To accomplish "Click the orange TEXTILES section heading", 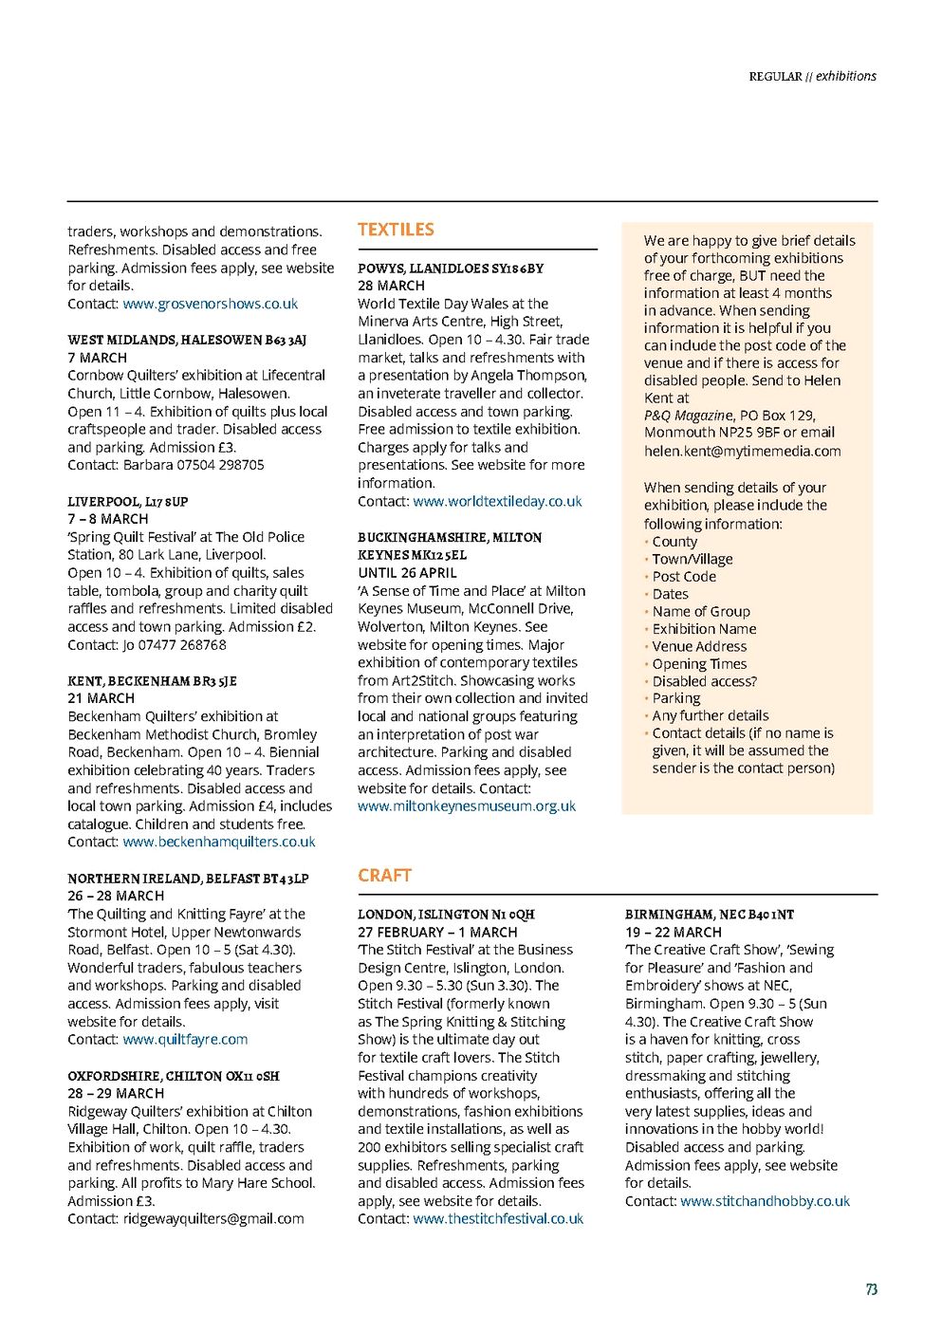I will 396,230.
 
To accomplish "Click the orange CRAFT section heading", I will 384,875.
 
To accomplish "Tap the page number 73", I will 871,1288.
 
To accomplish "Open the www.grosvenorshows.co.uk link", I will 210,304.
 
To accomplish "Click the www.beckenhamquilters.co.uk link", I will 219,842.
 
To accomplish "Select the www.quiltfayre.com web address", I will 185,1039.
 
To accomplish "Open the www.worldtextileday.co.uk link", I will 497,501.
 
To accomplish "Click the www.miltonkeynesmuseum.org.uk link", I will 467,805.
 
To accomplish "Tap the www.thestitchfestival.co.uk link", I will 498,1218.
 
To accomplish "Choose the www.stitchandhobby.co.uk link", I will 765,1200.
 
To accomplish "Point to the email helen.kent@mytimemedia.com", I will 742,451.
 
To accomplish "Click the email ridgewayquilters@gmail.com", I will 213,1218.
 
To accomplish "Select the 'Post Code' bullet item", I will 684,576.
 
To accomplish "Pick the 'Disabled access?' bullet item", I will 704,681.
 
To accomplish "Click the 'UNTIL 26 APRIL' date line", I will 407,572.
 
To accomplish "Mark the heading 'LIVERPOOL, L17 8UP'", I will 128,501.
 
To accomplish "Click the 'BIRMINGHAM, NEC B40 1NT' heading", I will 710,915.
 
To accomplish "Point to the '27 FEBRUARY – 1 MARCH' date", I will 437,932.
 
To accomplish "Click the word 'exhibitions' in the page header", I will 846,76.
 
